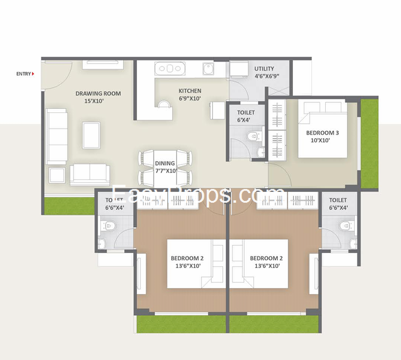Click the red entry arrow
point(32,74)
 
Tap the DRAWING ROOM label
point(98,93)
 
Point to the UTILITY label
point(264,69)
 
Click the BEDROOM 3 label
point(322,133)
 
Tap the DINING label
point(165,163)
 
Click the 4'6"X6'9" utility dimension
point(267,77)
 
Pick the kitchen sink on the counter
point(208,70)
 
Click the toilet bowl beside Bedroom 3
point(253,138)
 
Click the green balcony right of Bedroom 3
point(370,144)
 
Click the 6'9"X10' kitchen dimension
point(190,99)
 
